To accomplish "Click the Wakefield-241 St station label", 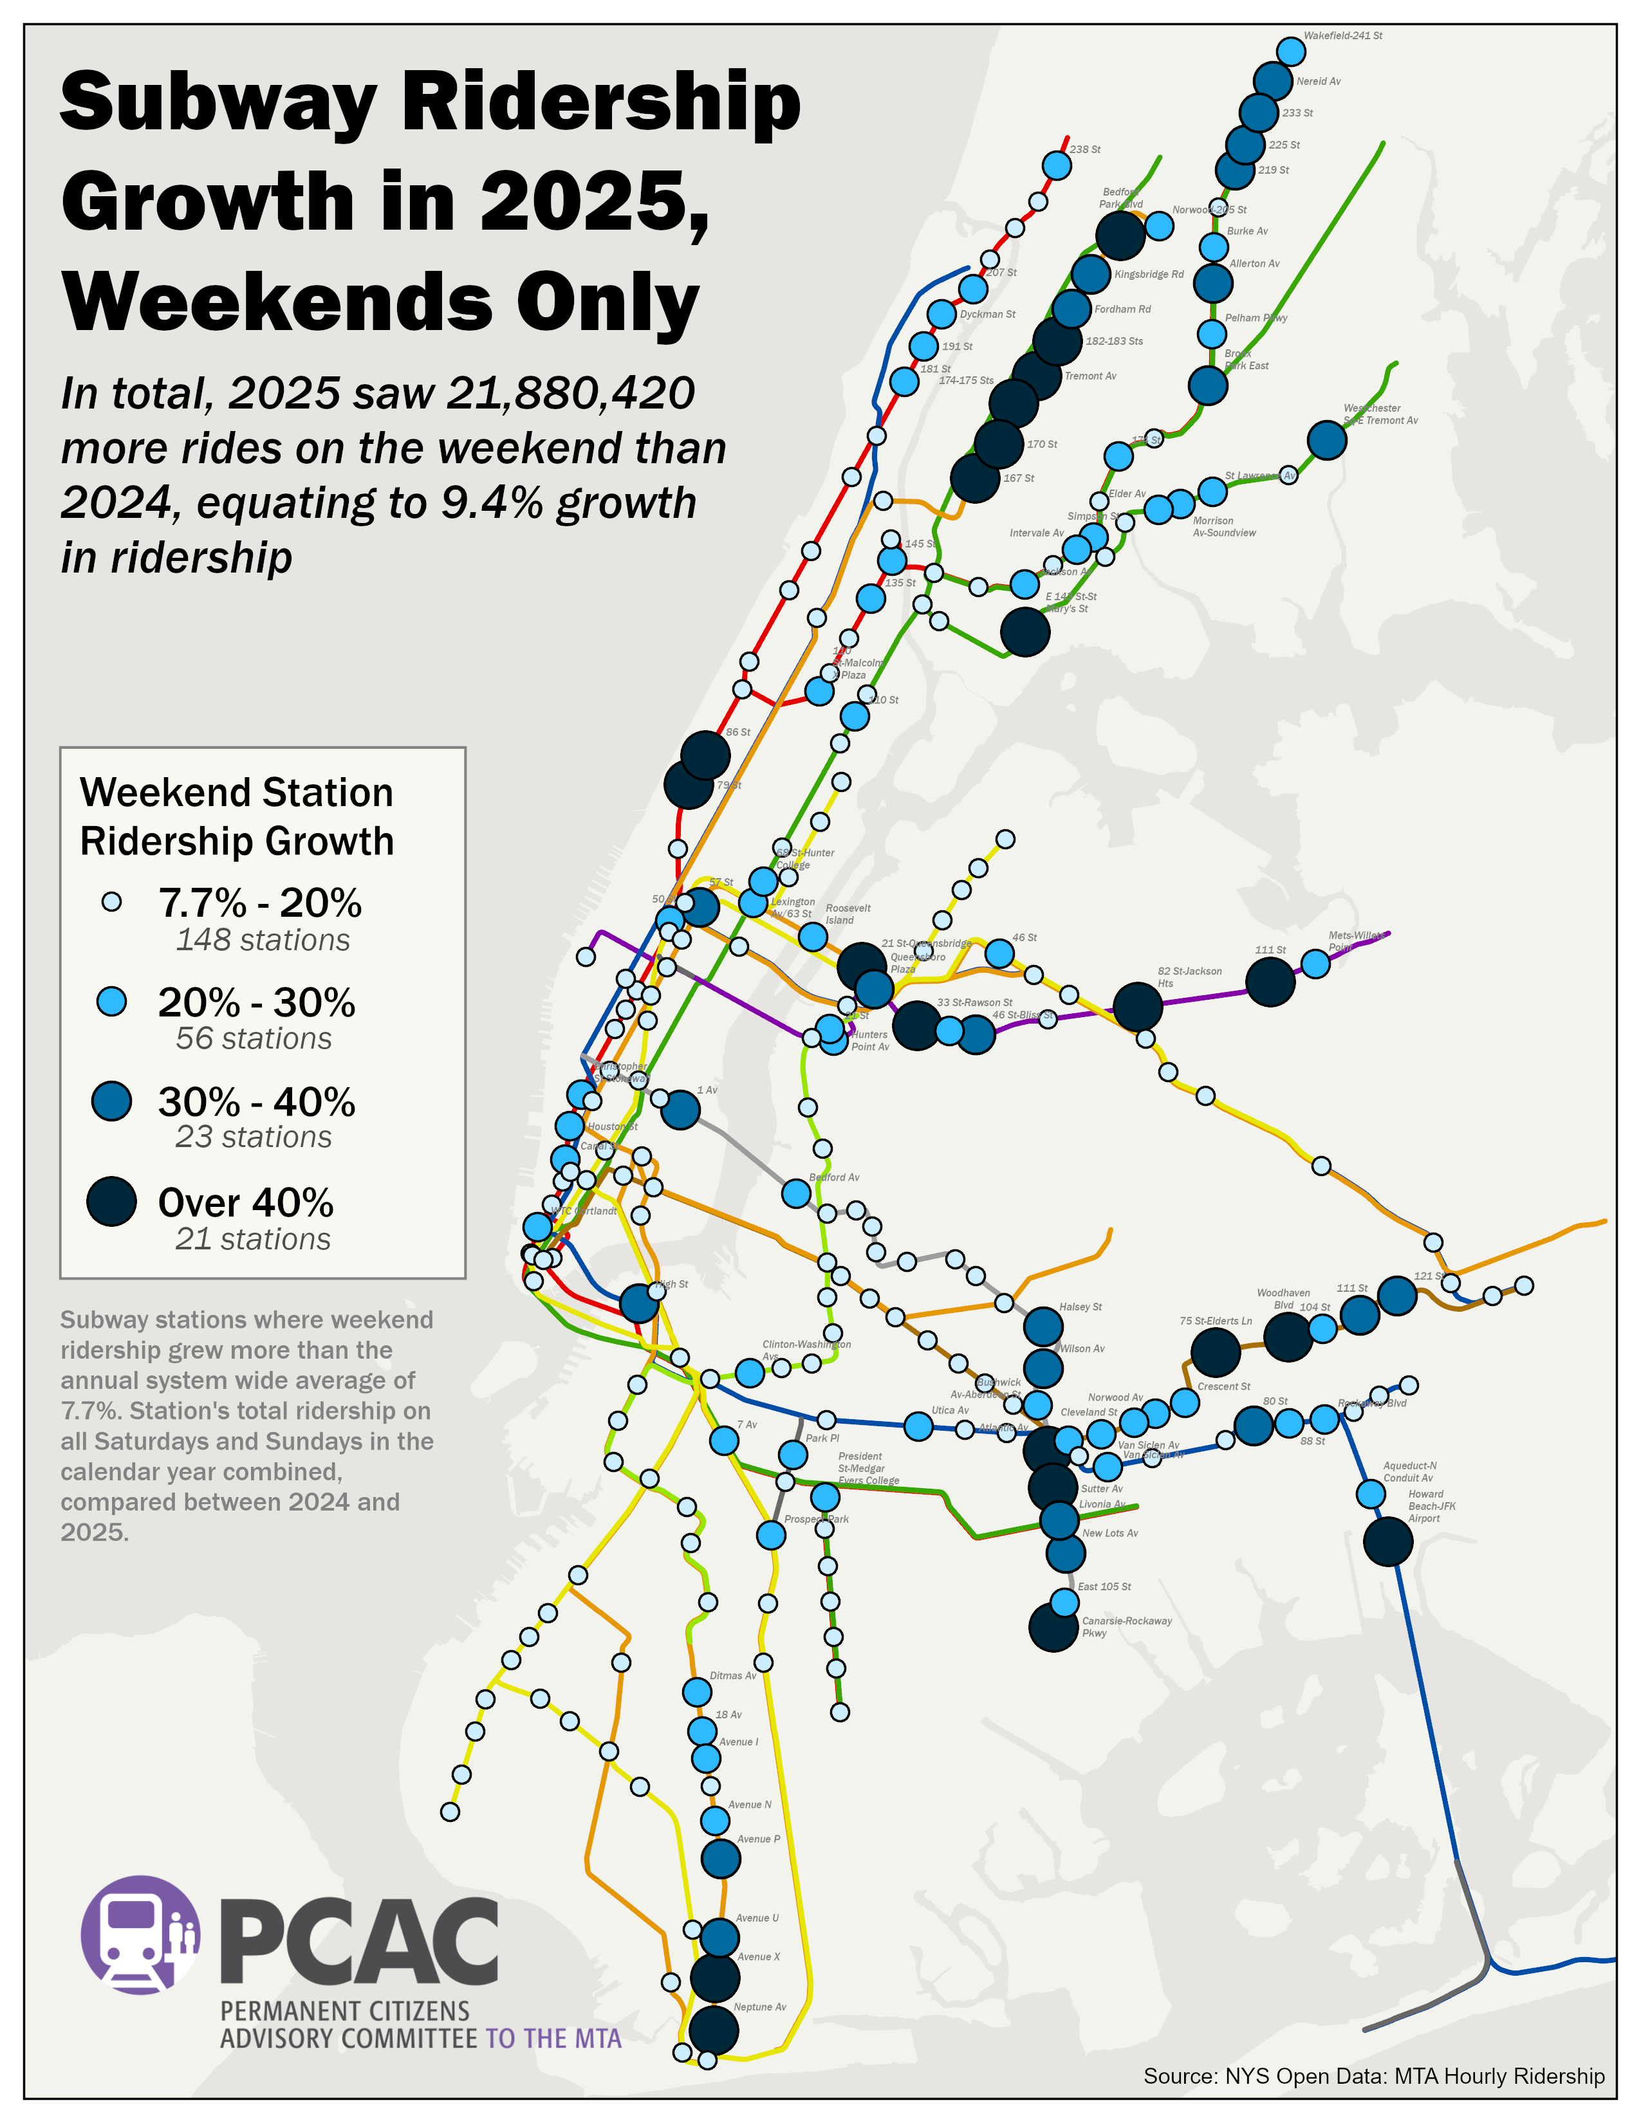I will tap(1342, 36).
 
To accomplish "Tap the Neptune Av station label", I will tap(759, 2007).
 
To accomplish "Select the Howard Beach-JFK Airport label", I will tap(1431, 1506).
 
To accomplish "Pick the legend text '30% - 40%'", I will tap(257, 1102).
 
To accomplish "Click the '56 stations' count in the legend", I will tap(254, 1038).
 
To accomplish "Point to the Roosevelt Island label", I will tap(848, 914).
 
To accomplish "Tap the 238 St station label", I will tap(1085, 150).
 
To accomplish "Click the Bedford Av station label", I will tap(834, 1177).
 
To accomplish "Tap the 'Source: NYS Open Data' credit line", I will tap(1373, 2075).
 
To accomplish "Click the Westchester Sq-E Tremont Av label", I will tap(1380, 414).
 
